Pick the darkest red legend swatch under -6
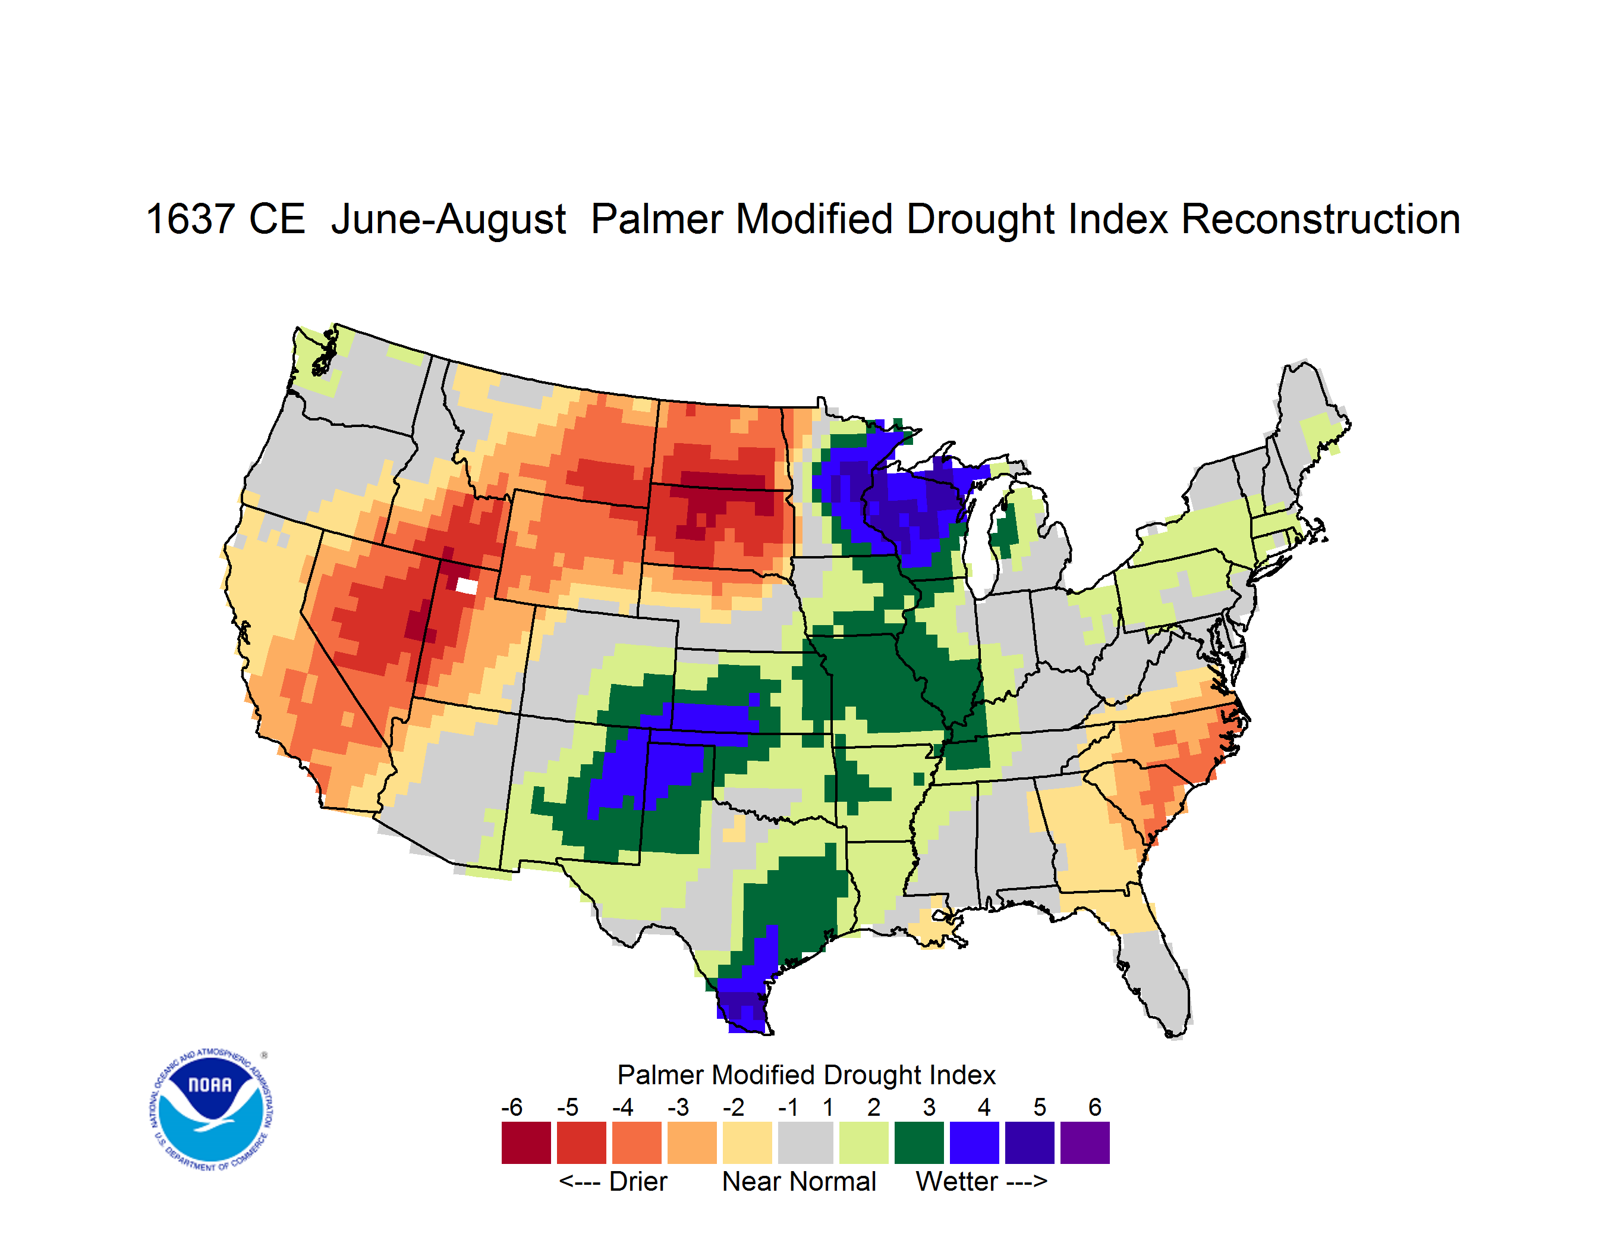click(x=526, y=1143)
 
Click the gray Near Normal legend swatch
click(x=805, y=1143)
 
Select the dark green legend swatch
click(x=918, y=1143)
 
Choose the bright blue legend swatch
click(x=974, y=1143)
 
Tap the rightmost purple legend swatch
click(x=1085, y=1143)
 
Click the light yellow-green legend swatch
click(x=864, y=1143)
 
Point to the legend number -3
click(x=678, y=1107)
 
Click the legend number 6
click(x=1095, y=1107)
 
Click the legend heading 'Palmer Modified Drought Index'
click(x=806, y=1075)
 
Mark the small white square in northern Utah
click(x=467, y=586)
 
